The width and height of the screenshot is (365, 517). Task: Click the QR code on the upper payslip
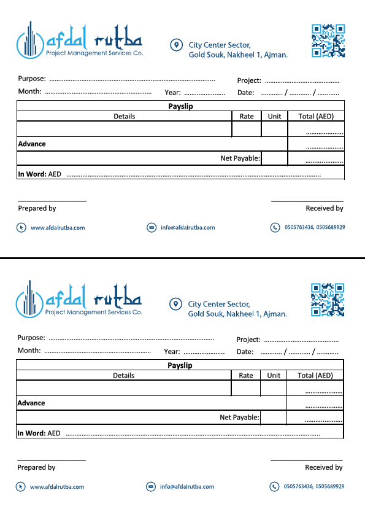point(328,41)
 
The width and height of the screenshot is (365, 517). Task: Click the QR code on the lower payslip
point(328,300)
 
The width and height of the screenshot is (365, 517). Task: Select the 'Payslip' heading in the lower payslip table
point(180,365)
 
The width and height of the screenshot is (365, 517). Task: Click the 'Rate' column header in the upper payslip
point(247,116)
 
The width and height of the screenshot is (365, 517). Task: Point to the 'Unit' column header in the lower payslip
point(274,375)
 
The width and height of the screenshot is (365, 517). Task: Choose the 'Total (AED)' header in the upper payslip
point(315,116)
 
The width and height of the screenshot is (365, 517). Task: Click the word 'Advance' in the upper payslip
point(32,144)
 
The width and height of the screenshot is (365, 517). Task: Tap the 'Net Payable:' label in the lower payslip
point(239,418)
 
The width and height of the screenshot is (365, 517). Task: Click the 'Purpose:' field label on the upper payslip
point(32,79)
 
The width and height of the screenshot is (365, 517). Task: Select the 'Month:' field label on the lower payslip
point(29,351)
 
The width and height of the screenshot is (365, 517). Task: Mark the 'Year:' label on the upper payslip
point(172,93)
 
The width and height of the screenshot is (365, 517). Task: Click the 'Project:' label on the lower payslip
point(248,340)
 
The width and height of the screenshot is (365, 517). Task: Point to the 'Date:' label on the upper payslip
point(245,93)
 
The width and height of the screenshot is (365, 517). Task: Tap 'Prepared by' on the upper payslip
point(37,208)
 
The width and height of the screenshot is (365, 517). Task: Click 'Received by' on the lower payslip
point(324,467)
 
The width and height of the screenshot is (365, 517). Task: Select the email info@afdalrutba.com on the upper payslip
point(188,228)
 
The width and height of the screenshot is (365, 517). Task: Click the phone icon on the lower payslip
point(274,486)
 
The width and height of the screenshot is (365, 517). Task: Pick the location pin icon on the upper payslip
point(176,45)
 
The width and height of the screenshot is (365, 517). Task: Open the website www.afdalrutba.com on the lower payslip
point(57,487)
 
